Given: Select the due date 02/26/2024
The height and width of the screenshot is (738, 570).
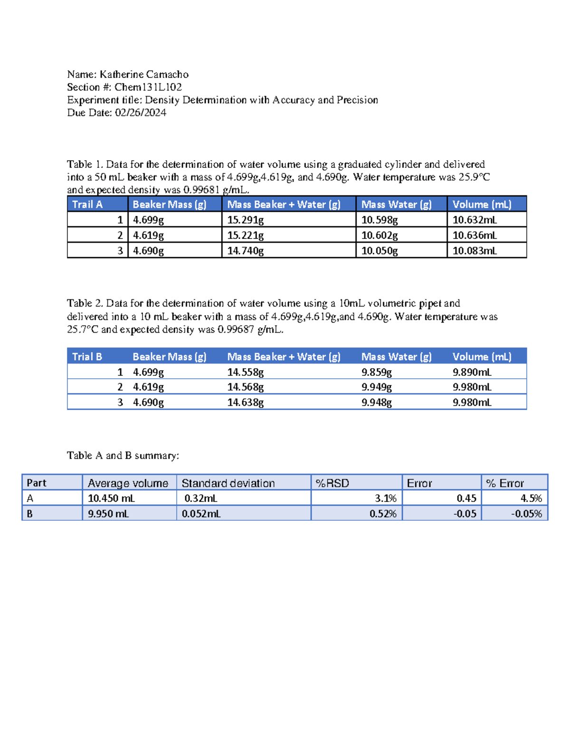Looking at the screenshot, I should (x=141, y=113).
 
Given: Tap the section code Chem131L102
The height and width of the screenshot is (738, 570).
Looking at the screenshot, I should (x=148, y=87).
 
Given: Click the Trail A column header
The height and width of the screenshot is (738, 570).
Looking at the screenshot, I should (x=87, y=204).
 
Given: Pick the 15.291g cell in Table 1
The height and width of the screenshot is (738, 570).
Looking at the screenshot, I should (x=245, y=220).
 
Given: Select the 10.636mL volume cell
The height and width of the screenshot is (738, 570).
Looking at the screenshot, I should (x=474, y=235).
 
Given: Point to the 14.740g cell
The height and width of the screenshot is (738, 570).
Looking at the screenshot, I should (x=245, y=251).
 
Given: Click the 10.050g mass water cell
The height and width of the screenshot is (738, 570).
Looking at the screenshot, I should (x=379, y=251).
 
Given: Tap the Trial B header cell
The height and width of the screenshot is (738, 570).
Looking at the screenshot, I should (x=87, y=357).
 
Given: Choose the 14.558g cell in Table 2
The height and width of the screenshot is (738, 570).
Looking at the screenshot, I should (x=245, y=372).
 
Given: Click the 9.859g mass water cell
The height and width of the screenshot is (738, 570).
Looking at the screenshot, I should (x=376, y=372).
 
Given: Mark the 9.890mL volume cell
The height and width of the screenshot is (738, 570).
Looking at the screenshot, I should (x=472, y=372).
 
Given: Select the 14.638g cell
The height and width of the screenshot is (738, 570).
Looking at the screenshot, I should (x=245, y=403).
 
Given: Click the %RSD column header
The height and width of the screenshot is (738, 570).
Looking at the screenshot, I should (x=332, y=483).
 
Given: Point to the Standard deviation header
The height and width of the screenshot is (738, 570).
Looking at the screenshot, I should (x=228, y=483).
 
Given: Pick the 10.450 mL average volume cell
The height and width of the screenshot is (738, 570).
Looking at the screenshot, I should (x=111, y=498).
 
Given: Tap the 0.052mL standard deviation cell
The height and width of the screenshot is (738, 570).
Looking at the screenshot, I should (x=201, y=514).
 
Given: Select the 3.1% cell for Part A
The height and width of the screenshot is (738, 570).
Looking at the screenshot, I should (x=385, y=498).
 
